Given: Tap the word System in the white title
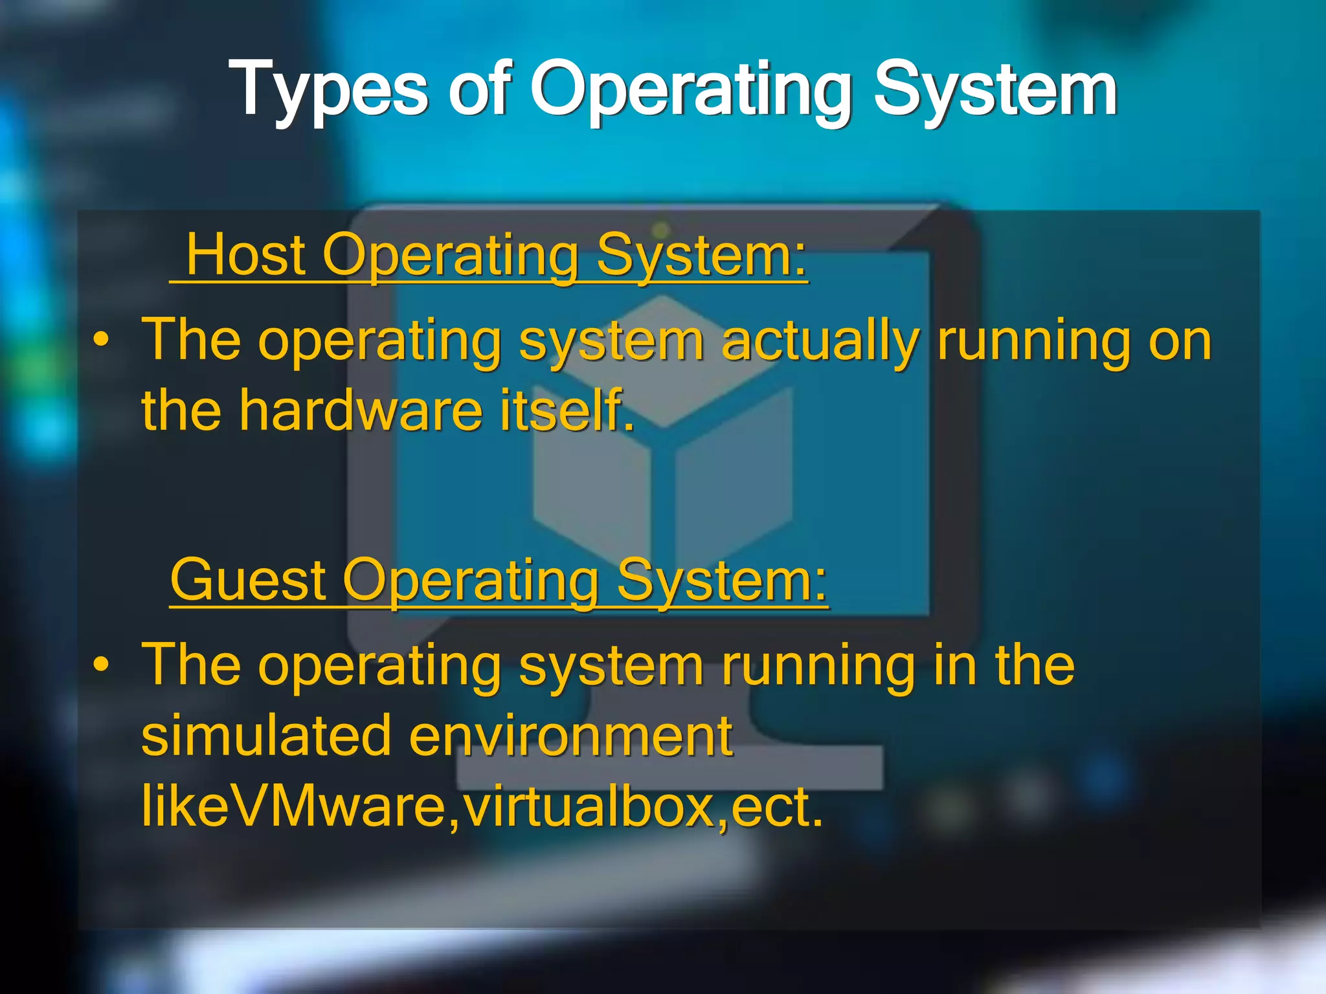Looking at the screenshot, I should point(995,91).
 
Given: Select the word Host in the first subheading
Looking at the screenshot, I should point(245,256).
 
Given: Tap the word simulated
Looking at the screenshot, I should point(266,736).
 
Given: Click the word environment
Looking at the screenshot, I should point(570,736).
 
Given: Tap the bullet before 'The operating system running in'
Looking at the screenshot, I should point(100,665).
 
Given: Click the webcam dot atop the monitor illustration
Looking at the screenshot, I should point(661,229).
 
